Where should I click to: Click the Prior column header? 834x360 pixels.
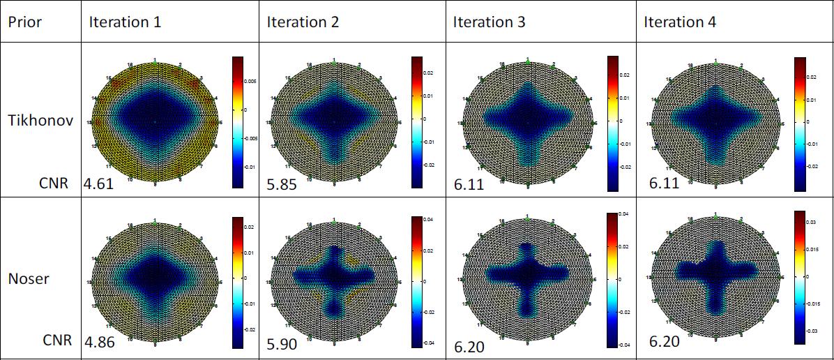[x=25, y=22]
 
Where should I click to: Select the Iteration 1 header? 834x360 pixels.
[x=125, y=22]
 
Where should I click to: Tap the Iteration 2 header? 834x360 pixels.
[x=303, y=22]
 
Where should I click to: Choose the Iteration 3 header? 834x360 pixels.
[x=490, y=22]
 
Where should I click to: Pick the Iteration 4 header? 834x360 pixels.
[x=680, y=22]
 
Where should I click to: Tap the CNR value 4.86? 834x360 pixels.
[x=99, y=343]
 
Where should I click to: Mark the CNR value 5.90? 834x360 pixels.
[x=282, y=344]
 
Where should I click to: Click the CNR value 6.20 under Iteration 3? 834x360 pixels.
[x=469, y=345]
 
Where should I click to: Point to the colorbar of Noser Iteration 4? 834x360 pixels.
[x=800, y=277]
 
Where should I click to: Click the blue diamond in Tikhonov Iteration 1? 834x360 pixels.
[x=155, y=121]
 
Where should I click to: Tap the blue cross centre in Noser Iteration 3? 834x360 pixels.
[x=528, y=275]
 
